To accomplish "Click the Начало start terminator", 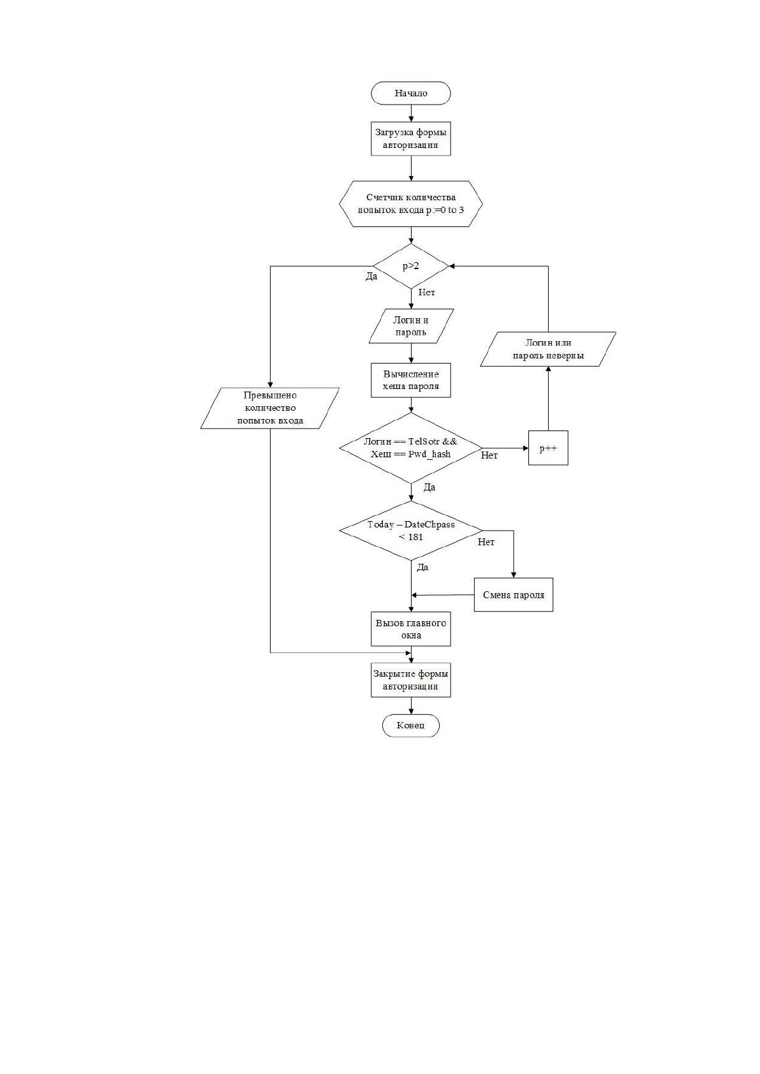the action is (x=411, y=93).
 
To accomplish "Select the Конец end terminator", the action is (x=411, y=725).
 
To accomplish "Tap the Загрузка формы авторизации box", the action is (x=411, y=138).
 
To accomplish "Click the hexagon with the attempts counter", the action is (x=411, y=204).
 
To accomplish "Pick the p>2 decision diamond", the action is (x=411, y=266).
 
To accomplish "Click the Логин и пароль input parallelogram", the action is (x=411, y=326).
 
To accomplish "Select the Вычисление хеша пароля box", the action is (x=411, y=380).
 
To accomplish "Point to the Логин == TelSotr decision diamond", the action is (x=411, y=448).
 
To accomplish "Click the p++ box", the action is (x=548, y=448).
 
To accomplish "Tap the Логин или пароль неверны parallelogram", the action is (x=548, y=349).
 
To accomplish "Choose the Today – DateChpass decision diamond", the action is (x=411, y=531).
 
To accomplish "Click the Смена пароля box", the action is (x=514, y=594).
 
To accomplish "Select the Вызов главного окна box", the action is (x=411, y=629).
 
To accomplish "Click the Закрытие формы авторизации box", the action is (x=411, y=680).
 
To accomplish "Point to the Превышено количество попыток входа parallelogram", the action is (x=270, y=408).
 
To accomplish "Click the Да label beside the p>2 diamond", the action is (x=372, y=277).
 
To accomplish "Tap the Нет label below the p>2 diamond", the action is (x=426, y=292).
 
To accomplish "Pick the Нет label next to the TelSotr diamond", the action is (x=489, y=455).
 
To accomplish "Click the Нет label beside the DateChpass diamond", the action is (x=486, y=542).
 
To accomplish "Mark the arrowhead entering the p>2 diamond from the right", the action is (x=452, y=266).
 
